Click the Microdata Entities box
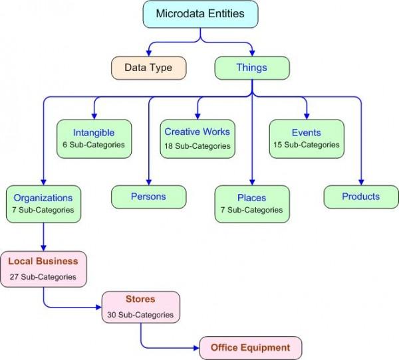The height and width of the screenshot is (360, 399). pos(201,14)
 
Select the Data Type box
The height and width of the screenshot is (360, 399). pos(148,68)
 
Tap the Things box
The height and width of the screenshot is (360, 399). pos(252,68)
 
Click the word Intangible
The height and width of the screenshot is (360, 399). pos(94,133)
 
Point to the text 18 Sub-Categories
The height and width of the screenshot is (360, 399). pos(198,146)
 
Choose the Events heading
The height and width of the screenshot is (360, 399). pos(307,132)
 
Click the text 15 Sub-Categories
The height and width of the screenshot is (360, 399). pos(307,145)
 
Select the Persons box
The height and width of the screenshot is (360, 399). pos(148,197)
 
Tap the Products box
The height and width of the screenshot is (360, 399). pos(361,197)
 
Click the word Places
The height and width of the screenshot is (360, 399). pos(251,198)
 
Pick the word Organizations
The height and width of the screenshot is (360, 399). pos(43,198)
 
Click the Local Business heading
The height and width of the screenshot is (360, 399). pos(43,261)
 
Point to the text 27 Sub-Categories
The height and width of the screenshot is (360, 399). pos(43,276)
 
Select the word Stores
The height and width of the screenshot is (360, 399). pos(140,299)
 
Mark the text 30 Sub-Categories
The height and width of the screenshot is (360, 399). pos(140,315)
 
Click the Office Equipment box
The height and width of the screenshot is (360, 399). pos(251,348)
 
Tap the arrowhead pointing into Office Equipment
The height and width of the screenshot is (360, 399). pos(196,348)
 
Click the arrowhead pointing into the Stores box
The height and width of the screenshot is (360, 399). pos(98,307)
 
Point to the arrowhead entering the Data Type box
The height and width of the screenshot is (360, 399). pos(149,53)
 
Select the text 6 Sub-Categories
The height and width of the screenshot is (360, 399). pos(94,145)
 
